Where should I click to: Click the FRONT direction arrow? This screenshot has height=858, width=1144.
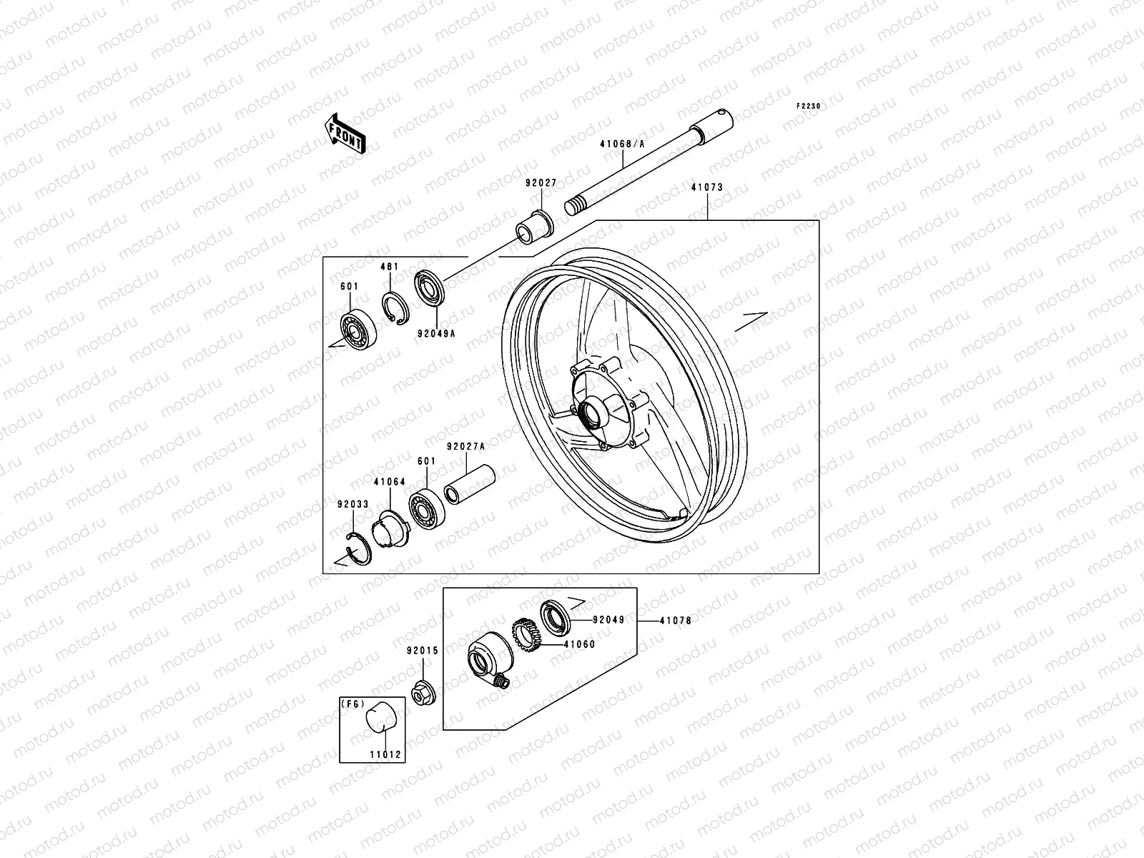pos(355,134)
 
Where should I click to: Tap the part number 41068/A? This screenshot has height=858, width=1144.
pos(622,144)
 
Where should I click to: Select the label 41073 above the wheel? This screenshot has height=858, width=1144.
pos(706,187)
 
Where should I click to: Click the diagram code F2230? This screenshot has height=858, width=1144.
pos(810,106)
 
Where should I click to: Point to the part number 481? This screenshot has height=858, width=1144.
pos(389,267)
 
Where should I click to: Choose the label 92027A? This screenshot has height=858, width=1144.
pos(465,446)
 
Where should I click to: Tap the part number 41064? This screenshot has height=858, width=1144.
pos(389,482)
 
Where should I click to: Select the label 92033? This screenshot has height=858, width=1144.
pos(353,504)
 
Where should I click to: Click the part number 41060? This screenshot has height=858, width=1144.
pos(578,644)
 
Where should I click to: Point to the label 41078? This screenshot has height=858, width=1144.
pos(675,621)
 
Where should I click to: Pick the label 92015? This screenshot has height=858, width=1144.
pos(422,651)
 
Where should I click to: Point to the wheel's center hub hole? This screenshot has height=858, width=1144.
pos(592,413)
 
